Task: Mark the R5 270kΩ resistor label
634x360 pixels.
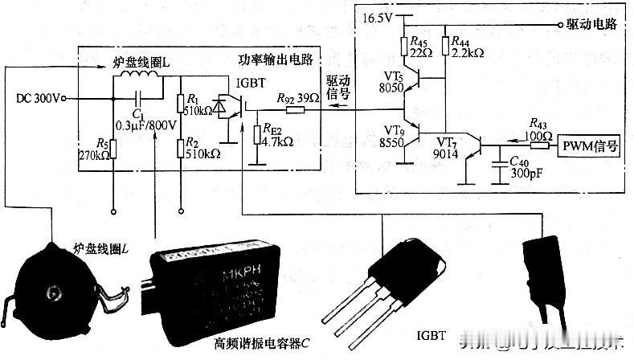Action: pyautogui.click(x=97, y=149)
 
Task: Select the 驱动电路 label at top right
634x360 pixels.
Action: pyautogui.click(x=590, y=24)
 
